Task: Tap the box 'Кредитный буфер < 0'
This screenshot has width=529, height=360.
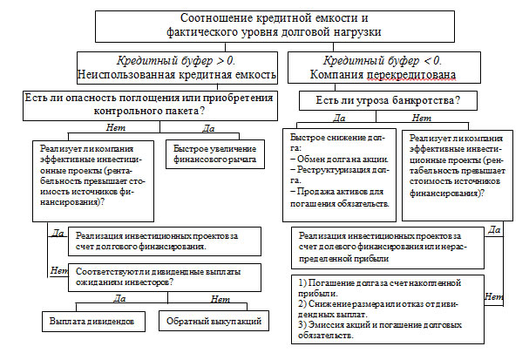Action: (x=383, y=68)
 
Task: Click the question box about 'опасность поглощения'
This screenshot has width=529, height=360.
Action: (x=145, y=105)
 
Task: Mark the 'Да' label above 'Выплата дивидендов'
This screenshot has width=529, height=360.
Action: (x=120, y=299)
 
